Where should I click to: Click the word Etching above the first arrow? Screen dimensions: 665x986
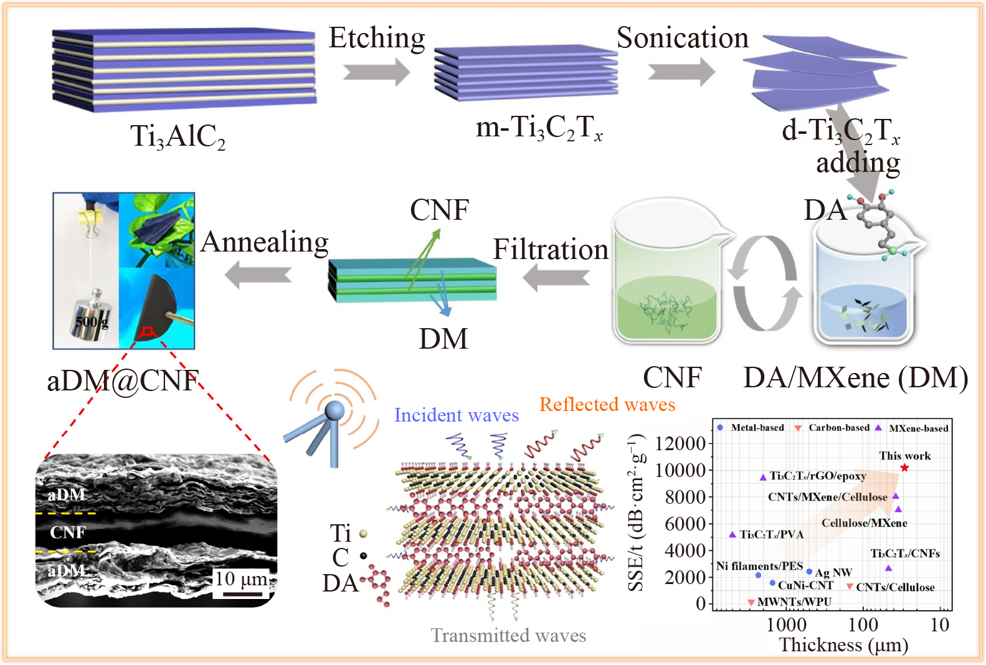click(x=377, y=39)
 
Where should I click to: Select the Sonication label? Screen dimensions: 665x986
click(x=683, y=39)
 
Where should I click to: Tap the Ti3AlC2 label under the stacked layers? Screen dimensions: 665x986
click(x=178, y=136)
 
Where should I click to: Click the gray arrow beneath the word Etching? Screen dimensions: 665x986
click(x=376, y=72)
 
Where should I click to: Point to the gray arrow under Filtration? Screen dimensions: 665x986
click(x=556, y=277)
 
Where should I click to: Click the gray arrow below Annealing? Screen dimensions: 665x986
click(x=258, y=274)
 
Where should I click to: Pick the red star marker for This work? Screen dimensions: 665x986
click(x=904, y=468)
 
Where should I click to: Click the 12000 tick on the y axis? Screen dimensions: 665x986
click(x=680, y=444)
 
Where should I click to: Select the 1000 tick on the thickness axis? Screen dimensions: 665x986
click(x=786, y=625)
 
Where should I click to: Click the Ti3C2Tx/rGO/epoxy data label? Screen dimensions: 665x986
click(x=817, y=476)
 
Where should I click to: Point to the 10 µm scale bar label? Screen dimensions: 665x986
click(x=242, y=580)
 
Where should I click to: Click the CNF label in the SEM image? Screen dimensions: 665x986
click(x=68, y=532)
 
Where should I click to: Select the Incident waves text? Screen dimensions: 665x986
click(x=456, y=415)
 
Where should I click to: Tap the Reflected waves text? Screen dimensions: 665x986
click(x=607, y=405)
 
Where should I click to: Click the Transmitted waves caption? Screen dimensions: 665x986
click(x=508, y=636)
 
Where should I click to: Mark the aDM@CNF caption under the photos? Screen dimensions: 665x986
click(x=123, y=380)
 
